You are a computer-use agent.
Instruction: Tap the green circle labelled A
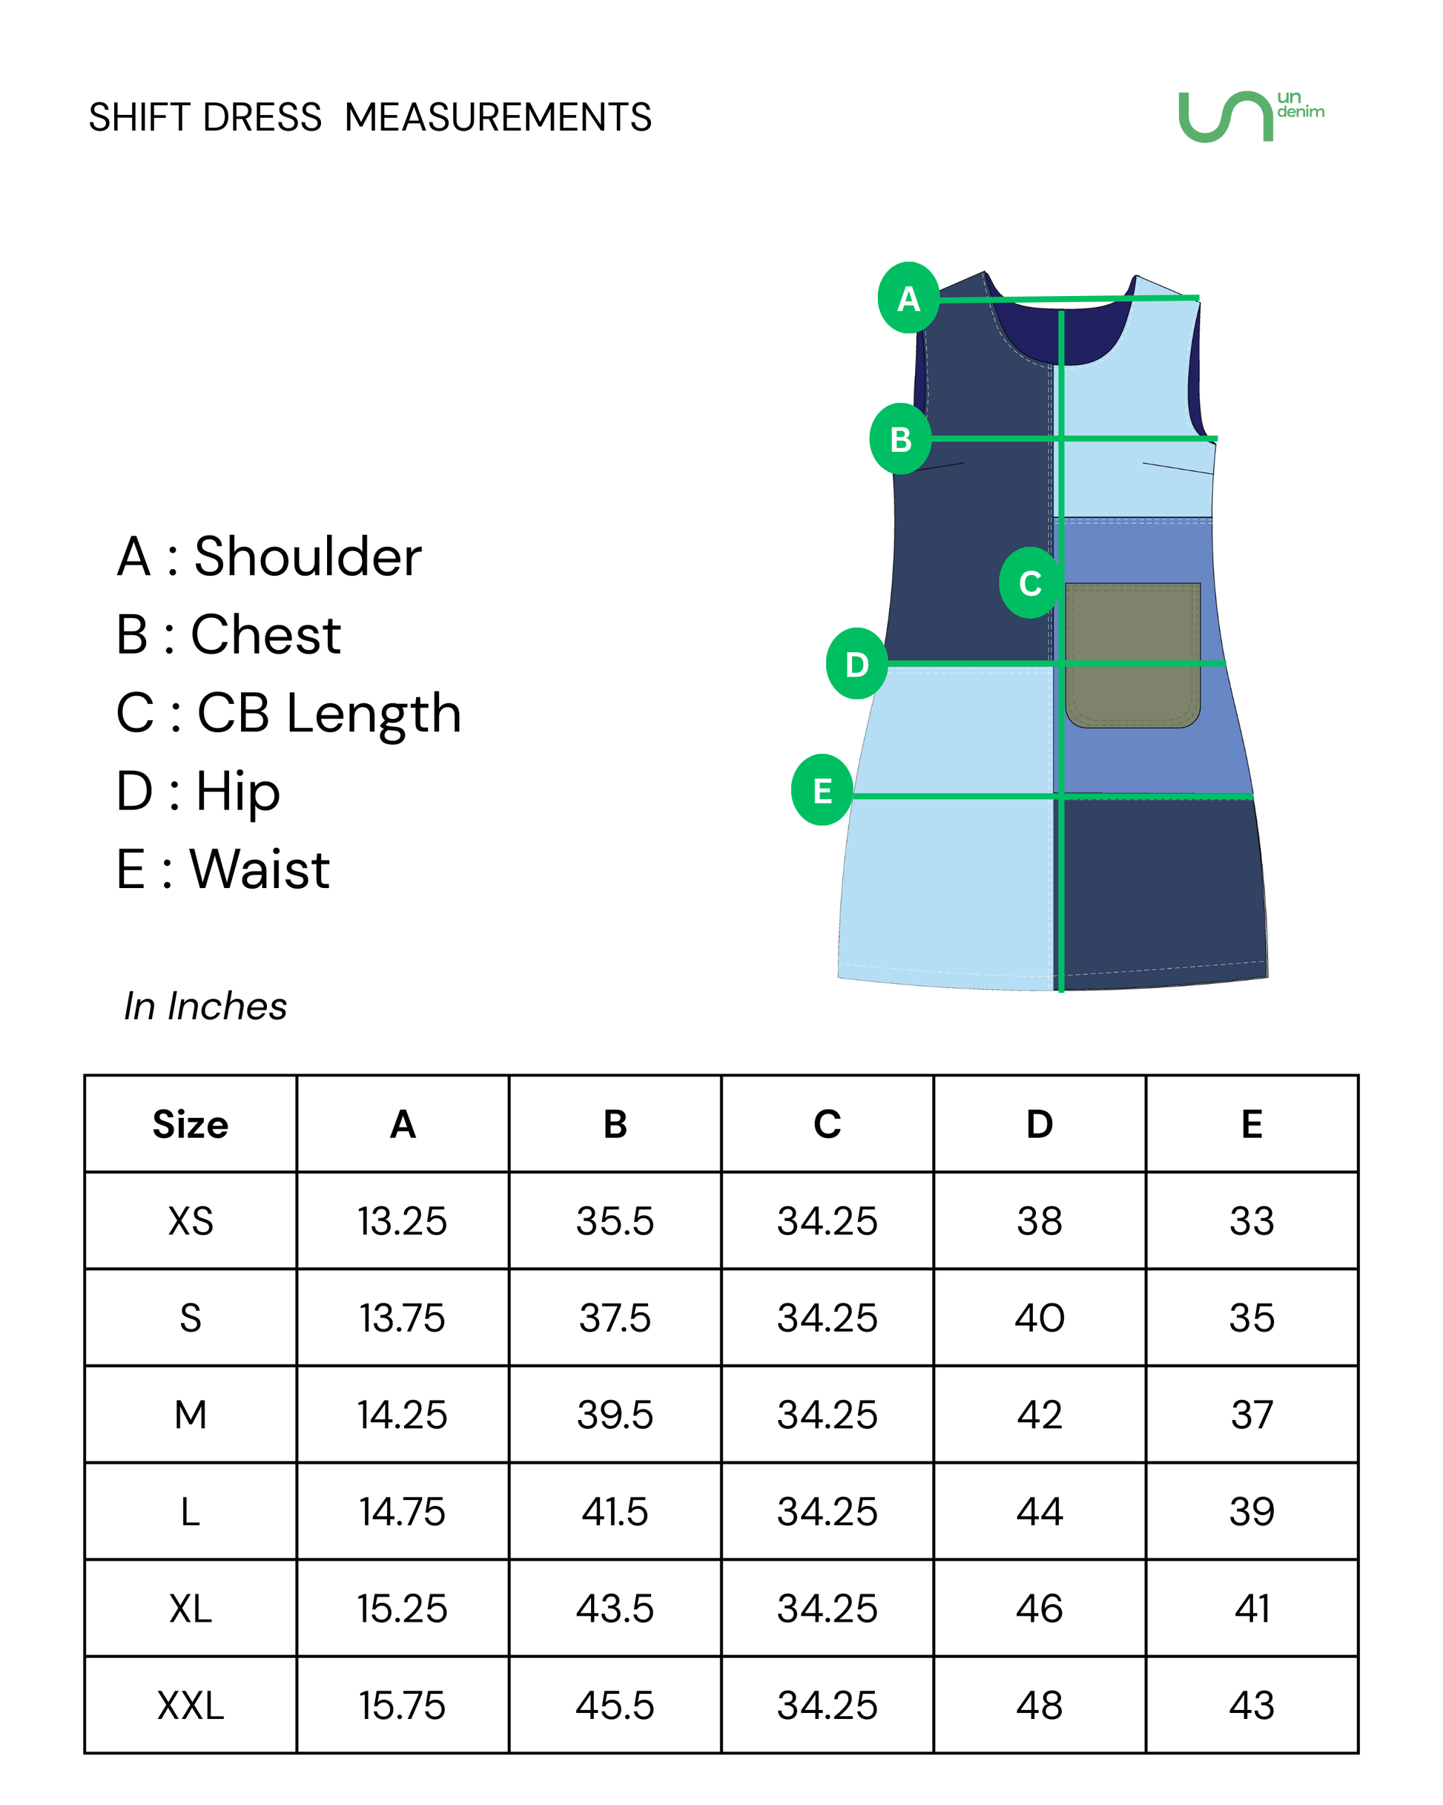click(909, 297)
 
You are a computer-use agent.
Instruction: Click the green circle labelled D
click(857, 663)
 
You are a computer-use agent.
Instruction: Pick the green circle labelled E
click(822, 789)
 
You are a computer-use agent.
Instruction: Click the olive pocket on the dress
click(1132, 654)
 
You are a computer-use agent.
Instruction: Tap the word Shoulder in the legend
click(308, 556)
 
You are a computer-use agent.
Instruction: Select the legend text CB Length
click(329, 712)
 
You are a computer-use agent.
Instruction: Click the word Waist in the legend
click(260, 868)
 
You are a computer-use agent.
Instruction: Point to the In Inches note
click(205, 1005)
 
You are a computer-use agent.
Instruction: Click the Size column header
click(190, 1123)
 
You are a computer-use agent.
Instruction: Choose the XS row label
click(191, 1220)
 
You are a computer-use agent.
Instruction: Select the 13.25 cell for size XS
click(403, 1220)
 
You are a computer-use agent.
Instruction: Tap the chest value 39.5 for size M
click(615, 1415)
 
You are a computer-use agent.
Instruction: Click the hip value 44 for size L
click(1040, 1511)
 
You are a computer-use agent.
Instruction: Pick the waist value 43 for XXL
click(1252, 1706)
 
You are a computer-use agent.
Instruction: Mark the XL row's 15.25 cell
click(403, 1608)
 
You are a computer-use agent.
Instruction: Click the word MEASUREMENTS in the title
click(498, 117)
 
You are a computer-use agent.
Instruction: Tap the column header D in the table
click(1040, 1123)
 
